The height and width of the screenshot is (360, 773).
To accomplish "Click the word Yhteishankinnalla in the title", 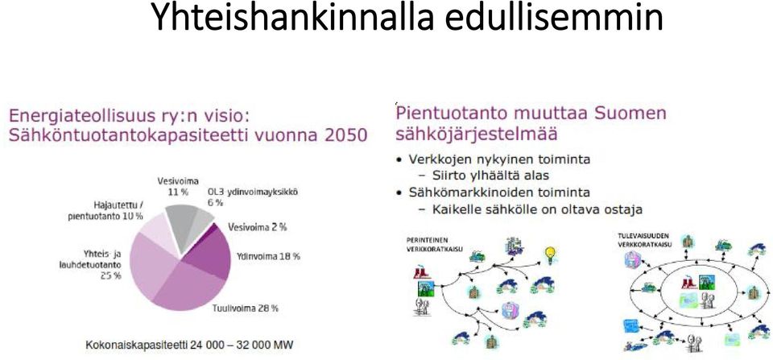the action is (292, 16).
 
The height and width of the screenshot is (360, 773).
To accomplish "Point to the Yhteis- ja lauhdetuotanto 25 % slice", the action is (148, 267).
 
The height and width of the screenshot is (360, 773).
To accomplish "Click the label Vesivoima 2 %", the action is (258, 227).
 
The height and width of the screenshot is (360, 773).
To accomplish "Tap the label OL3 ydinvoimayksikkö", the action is (252, 192).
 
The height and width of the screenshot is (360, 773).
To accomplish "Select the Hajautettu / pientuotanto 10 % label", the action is (105, 210).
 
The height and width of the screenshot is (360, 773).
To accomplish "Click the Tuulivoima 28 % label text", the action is (246, 308).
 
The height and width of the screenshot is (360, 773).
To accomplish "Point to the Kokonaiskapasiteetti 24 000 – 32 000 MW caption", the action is (190, 344).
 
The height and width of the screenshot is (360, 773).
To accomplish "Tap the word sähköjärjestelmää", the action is (476, 134).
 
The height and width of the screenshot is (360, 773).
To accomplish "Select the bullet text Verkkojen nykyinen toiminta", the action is (499, 159).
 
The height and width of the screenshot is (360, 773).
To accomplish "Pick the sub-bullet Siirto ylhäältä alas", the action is (490, 175).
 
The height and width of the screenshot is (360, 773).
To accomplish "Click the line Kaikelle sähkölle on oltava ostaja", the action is (537, 209).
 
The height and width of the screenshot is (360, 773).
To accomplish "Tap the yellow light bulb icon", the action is (550, 255).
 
